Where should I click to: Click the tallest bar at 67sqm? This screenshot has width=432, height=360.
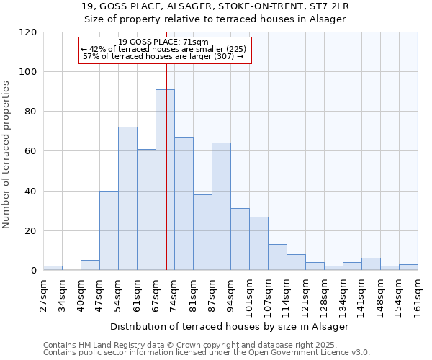pyautogui.click(x=165, y=180)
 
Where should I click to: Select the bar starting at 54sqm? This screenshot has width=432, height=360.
pyautogui.click(x=127, y=199)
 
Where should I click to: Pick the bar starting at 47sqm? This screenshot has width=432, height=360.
pyautogui.click(x=109, y=230)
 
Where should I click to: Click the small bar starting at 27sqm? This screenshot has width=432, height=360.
pyautogui.click(x=53, y=268)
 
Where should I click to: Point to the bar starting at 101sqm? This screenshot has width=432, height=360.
pyautogui.click(x=258, y=243)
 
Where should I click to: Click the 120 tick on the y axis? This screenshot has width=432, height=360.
pyautogui.click(x=28, y=32)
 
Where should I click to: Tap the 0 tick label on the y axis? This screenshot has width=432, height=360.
pyautogui.click(x=33, y=271)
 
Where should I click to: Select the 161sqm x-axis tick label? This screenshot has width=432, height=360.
pyautogui.click(x=418, y=295)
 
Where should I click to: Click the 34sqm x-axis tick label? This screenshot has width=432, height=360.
pyautogui.click(x=62, y=295)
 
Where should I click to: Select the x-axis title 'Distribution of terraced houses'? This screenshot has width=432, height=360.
pyautogui.click(x=230, y=326)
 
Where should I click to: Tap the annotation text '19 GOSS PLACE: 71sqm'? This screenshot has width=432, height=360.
pyautogui.click(x=163, y=42)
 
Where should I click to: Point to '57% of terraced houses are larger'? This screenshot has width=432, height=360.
pyautogui.click(x=163, y=56)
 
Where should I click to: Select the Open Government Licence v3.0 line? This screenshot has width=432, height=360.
pyautogui.click(x=207, y=353)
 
